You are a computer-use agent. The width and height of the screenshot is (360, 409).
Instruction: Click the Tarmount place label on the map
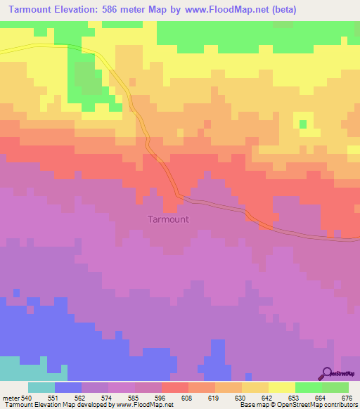coord(168,219)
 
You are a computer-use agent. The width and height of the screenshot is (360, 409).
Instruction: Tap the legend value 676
coord(347,397)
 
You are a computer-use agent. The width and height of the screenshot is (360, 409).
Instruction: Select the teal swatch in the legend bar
coord(41,387)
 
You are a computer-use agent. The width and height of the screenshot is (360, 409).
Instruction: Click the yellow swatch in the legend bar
coord(282,387)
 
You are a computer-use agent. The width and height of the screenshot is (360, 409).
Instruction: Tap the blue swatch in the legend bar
coord(68,387)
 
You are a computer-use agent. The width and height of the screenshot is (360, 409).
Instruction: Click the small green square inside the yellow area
coord(303,124)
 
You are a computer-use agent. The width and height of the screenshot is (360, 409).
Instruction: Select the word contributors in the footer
coord(337,405)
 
